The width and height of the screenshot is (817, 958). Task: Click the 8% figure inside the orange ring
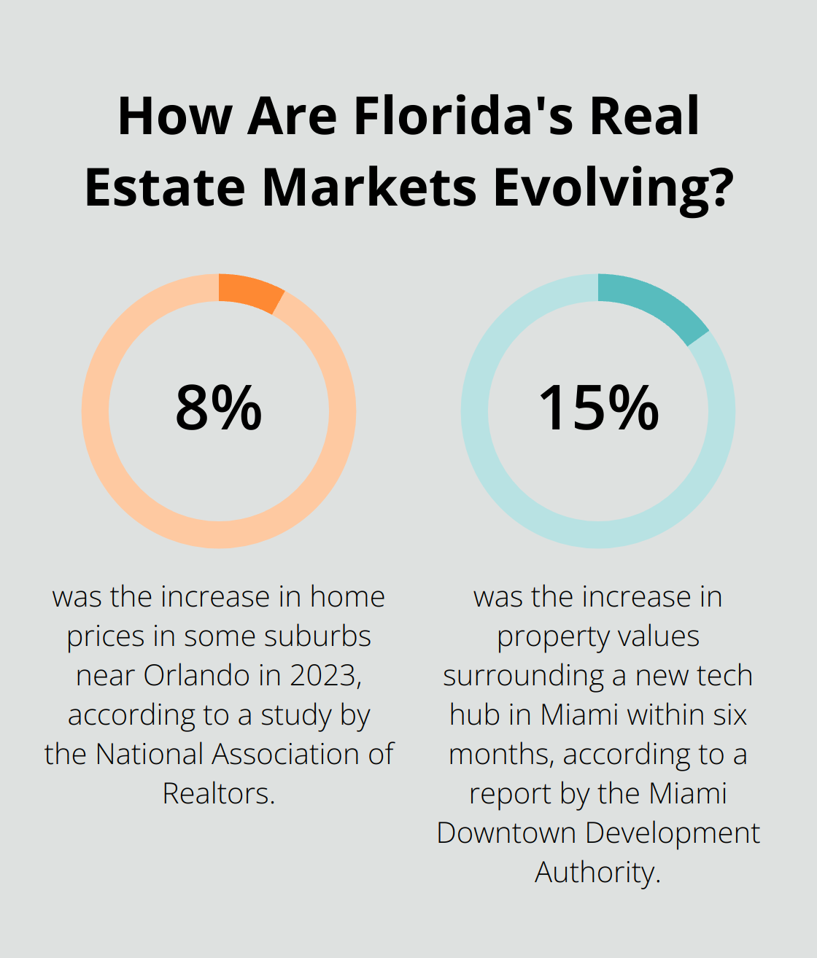pos(218,408)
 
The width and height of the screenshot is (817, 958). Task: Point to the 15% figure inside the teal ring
pos(598,408)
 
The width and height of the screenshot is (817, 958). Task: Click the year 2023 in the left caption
pos(325,675)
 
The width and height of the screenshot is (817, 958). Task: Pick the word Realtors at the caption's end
pos(217,793)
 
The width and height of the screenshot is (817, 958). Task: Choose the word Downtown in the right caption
pos(506,833)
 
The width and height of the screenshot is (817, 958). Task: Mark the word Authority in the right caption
pos(596,872)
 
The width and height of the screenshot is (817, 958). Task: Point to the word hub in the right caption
pos(475,714)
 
